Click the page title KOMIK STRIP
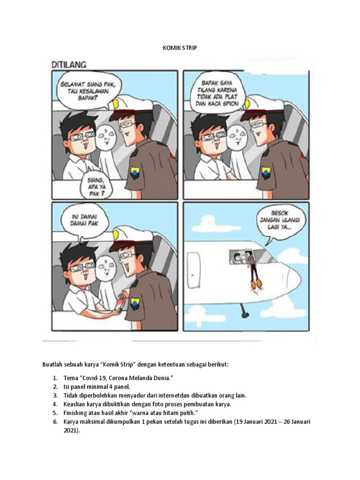(180, 47)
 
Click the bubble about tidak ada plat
(217, 91)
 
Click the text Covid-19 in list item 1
(94, 378)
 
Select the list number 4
(55, 404)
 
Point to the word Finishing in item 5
(75, 413)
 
